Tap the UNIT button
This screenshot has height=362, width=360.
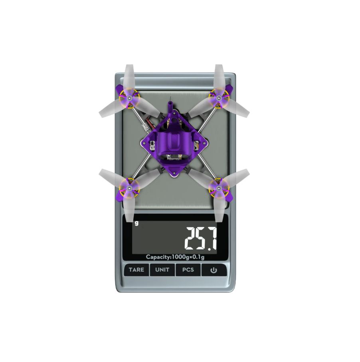click(x=162, y=270)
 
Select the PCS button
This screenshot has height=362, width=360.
click(x=188, y=270)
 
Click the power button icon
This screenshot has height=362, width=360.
click(x=214, y=270)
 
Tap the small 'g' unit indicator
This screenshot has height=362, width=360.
click(x=136, y=223)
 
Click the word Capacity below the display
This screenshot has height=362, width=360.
click(x=158, y=257)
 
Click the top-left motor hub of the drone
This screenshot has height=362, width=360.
click(x=129, y=98)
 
